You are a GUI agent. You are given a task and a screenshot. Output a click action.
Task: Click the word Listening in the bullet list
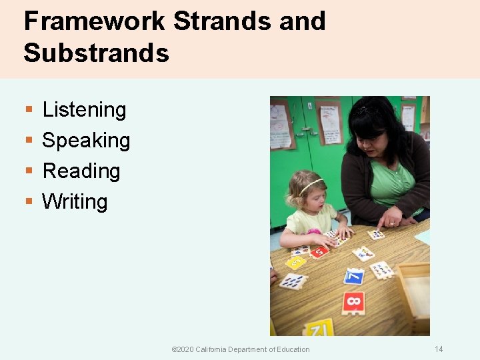[84, 110]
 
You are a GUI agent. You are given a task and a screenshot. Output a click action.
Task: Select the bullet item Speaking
[86, 141]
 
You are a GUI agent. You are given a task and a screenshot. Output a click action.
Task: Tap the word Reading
[81, 171]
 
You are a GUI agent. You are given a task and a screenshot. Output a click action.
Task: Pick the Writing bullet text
[75, 201]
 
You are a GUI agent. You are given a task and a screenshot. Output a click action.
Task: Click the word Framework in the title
[94, 21]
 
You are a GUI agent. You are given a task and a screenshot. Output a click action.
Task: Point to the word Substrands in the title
[96, 53]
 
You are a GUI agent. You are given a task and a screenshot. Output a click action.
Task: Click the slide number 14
[439, 349]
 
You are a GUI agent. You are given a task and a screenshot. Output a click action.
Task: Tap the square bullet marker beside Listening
[28, 110]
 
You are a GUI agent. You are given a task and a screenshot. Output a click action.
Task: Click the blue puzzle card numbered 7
[354, 275]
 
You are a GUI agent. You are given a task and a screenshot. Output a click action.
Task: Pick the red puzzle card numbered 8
[353, 303]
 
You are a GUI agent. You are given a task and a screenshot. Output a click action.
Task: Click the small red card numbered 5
[318, 251]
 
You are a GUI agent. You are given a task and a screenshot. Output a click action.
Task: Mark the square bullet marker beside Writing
[28, 201]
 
